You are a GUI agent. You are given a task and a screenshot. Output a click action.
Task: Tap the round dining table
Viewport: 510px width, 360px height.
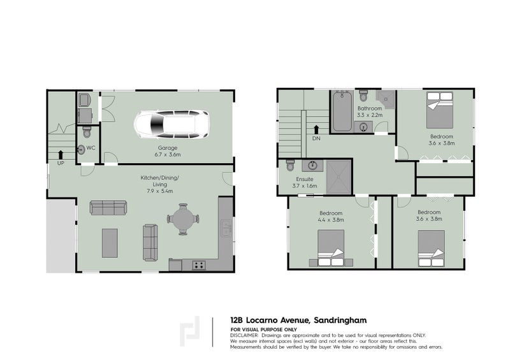click(182, 218)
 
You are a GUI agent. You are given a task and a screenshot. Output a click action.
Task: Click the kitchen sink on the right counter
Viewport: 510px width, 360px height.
click(226, 227)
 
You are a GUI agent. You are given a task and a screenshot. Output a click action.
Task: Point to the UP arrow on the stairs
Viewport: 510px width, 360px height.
click(61, 154)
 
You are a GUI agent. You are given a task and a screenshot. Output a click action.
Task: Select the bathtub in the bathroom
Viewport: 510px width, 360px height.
click(340, 112)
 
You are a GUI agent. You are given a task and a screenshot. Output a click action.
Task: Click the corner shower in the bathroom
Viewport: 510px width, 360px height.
click(385, 98)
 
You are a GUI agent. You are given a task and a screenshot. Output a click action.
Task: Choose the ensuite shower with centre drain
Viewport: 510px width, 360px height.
click(339, 176)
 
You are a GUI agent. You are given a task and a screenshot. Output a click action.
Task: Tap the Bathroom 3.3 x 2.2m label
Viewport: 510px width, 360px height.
click(369, 112)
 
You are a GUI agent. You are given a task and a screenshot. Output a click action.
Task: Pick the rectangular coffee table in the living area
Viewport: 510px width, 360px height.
click(110, 242)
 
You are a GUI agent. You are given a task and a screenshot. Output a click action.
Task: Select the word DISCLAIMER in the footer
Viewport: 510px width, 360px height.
click(245, 335)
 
